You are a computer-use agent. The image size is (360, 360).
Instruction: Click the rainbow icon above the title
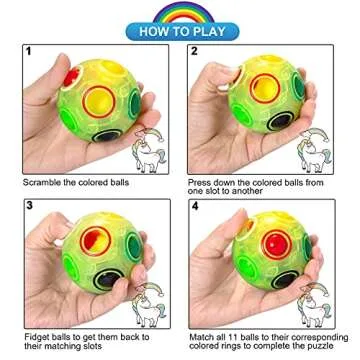[181, 11]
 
